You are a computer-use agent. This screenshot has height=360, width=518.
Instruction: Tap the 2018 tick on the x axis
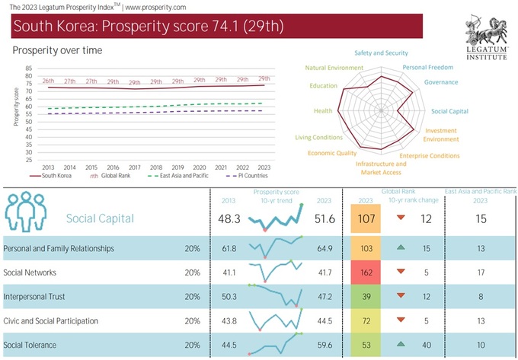(x=155, y=167)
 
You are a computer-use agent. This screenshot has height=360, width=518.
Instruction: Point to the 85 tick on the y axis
(x=28, y=68)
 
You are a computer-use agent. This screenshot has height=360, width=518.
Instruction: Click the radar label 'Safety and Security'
(x=381, y=53)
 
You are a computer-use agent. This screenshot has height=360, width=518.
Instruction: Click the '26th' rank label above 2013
(x=47, y=81)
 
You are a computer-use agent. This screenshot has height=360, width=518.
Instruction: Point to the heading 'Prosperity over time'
(x=57, y=50)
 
